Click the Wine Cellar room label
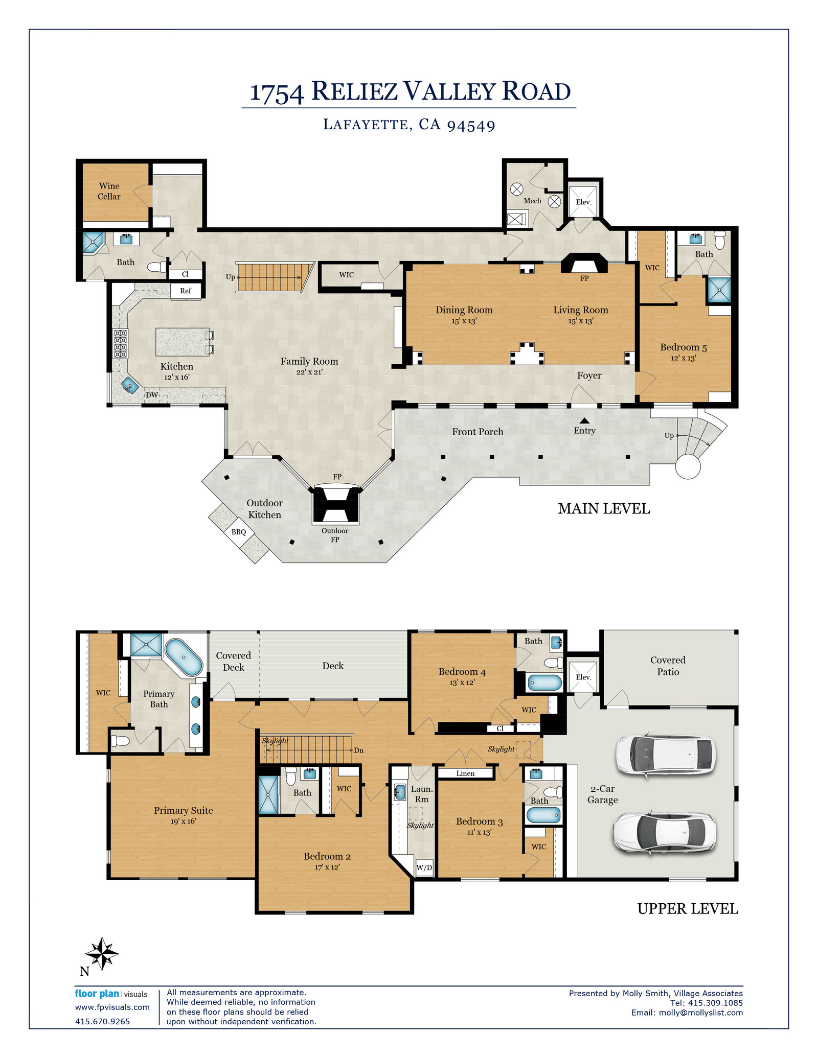(109, 191)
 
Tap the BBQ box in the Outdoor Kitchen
(239, 532)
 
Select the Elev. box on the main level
(583, 202)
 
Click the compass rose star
(102, 953)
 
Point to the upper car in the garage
(665, 755)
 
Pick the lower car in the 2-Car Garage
(665, 833)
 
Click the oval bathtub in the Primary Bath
(184, 657)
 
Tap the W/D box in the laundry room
(424, 867)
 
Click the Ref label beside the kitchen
(186, 291)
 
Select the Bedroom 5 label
(684, 347)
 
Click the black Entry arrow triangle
(584, 421)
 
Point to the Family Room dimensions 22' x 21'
(309, 372)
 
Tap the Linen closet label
(465, 773)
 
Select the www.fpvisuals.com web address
(112, 1007)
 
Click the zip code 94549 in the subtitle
(471, 125)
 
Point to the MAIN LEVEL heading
(604, 509)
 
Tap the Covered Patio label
(668, 666)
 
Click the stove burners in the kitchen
(120, 343)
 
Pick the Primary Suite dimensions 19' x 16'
(183, 821)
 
